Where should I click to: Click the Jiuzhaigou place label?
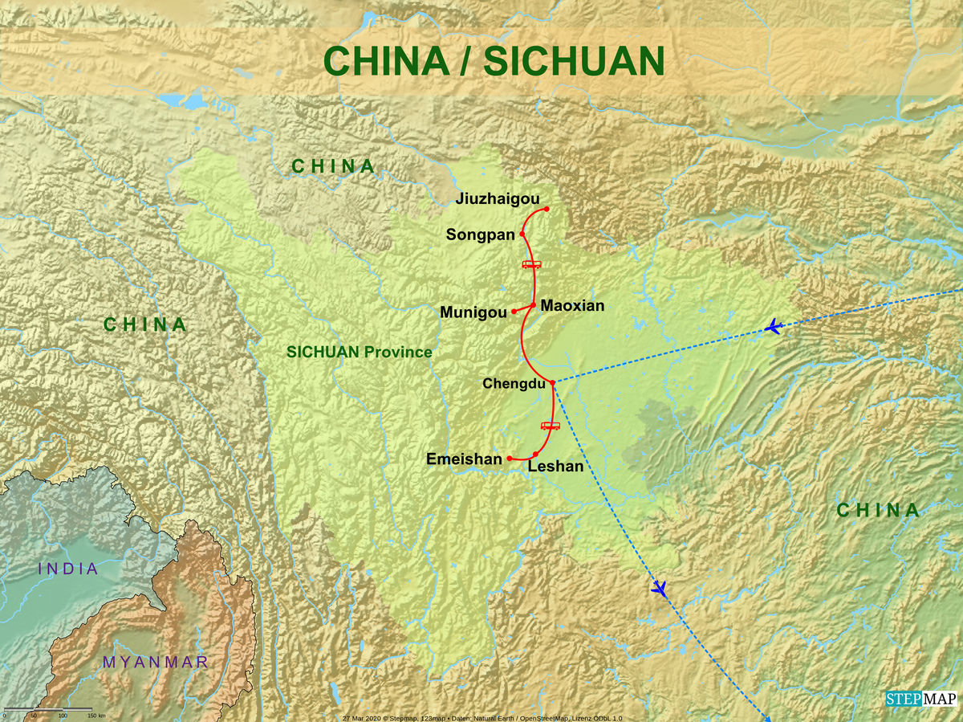pos(497,199)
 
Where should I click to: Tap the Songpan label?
pos(480,235)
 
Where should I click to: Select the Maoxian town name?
pos(572,305)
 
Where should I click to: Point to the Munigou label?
pos(473,312)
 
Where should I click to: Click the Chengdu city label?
pos(514,384)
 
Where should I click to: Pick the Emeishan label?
pos(464,459)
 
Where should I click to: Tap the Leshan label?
pos(555,466)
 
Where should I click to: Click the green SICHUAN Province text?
pos(360,352)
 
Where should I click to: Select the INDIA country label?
pos(67,569)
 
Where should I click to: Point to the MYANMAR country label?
pos(156,663)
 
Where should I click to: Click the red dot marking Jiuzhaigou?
pos(547,209)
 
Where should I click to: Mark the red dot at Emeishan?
pos(510,459)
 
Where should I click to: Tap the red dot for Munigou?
pos(514,312)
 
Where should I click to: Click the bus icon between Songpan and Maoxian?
pos(532,264)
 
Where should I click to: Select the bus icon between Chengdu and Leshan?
pos(551,426)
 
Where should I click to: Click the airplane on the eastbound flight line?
pos(774,327)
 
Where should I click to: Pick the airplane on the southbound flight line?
pos(659,589)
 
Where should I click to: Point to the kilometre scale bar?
pos(48,709)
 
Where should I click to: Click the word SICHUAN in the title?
pos(575,62)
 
